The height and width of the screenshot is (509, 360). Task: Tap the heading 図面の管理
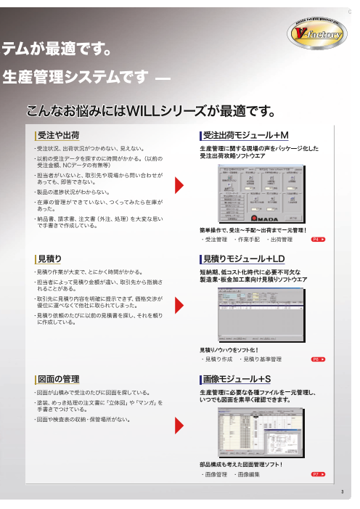(x=58, y=379)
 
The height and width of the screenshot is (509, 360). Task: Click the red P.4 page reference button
(x=317, y=238)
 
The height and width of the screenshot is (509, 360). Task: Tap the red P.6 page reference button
(x=317, y=359)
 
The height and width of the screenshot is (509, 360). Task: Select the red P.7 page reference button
(x=317, y=473)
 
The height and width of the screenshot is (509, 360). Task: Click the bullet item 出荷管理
(x=280, y=238)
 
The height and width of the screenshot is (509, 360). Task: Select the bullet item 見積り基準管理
(x=262, y=359)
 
